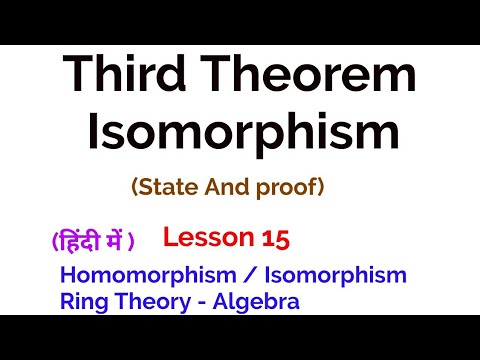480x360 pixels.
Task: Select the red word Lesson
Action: click(206, 238)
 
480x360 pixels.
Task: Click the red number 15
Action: click(276, 238)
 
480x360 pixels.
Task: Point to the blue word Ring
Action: click(80, 300)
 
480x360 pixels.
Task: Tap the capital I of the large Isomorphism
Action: click(96, 134)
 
